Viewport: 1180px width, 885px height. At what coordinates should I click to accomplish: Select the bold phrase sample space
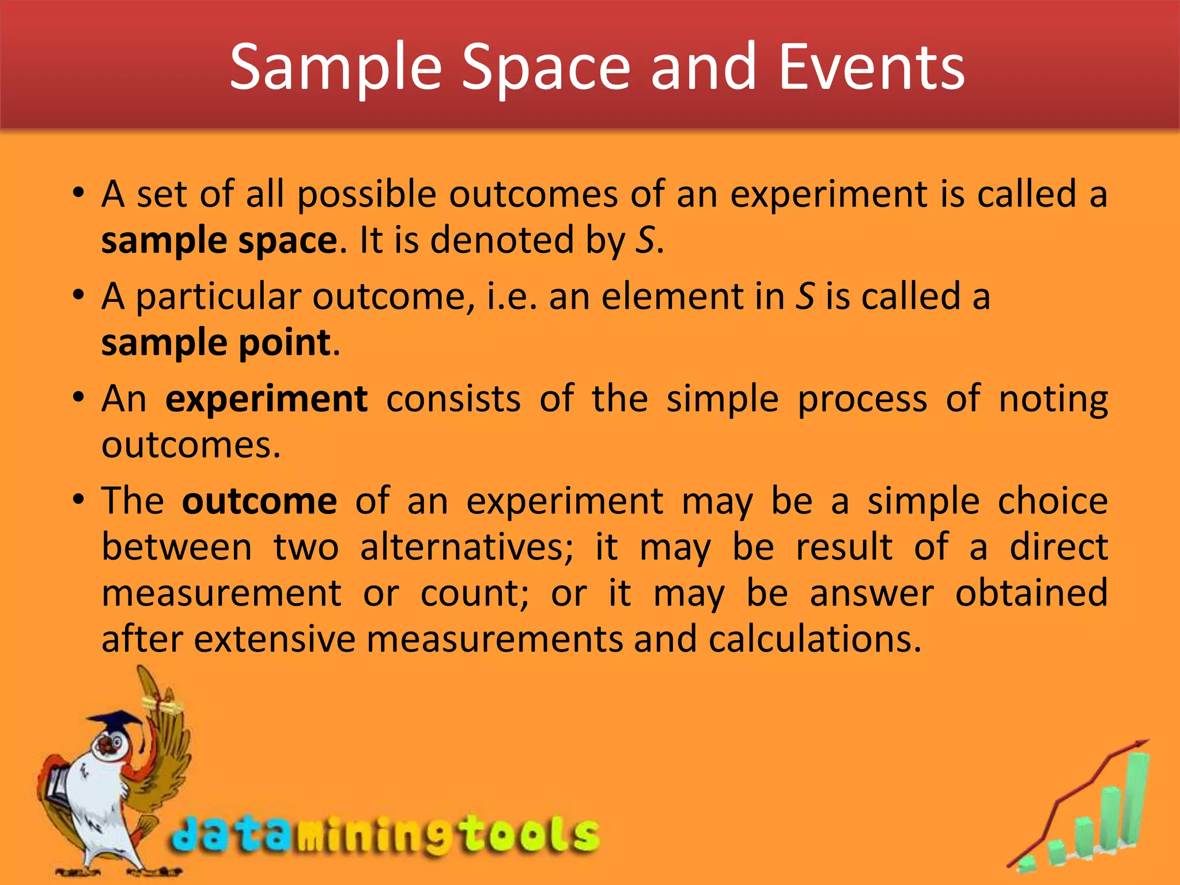pos(220,240)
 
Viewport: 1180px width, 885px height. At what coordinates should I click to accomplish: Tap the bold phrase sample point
pos(216,343)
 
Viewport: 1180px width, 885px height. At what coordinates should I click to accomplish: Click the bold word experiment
pos(266,399)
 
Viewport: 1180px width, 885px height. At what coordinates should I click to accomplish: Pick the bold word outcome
pos(259,501)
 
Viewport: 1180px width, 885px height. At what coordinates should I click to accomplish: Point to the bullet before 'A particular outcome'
pos(79,296)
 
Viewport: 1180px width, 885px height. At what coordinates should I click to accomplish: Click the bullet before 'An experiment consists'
pos(79,398)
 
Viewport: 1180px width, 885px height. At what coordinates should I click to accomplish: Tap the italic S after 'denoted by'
pos(645,240)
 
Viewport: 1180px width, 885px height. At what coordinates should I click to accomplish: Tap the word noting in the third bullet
pos(1053,399)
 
